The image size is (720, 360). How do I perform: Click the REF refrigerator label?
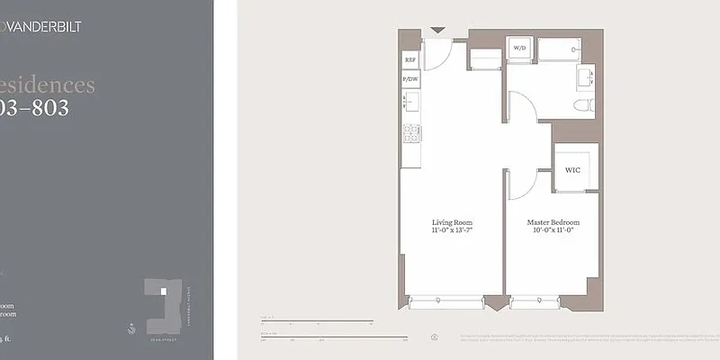410,60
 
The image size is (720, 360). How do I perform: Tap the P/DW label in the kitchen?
410,79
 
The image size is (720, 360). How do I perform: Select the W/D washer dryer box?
519,48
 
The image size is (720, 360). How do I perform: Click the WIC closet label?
572,169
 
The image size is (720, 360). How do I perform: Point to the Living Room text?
452,222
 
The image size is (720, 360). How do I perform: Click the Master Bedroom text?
553,222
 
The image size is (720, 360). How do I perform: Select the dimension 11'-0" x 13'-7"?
452,231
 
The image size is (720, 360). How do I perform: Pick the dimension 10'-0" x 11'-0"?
553,231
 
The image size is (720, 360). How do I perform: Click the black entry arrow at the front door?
436,31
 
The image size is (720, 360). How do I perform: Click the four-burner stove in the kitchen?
411,133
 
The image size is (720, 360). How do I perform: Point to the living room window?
446,302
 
